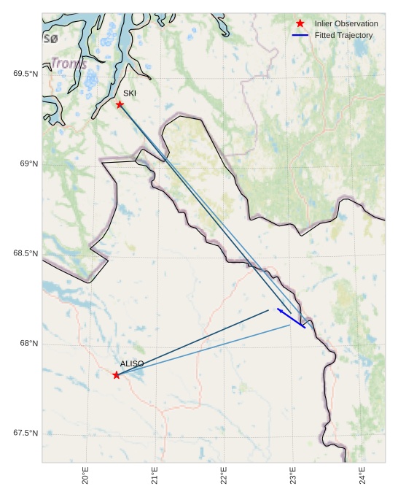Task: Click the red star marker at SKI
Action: (120, 104)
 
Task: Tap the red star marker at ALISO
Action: (117, 375)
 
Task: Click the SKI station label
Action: (130, 93)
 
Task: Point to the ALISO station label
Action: (132, 363)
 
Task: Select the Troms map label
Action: (69, 64)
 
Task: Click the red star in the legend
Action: (300, 24)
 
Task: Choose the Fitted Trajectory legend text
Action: (343, 35)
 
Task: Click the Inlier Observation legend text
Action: (346, 24)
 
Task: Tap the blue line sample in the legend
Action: (300, 35)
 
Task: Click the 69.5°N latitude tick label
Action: (26, 74)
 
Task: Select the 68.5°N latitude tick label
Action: (26, 253)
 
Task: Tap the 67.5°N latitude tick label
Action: (26, 434)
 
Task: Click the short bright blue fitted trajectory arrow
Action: (291, 319)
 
